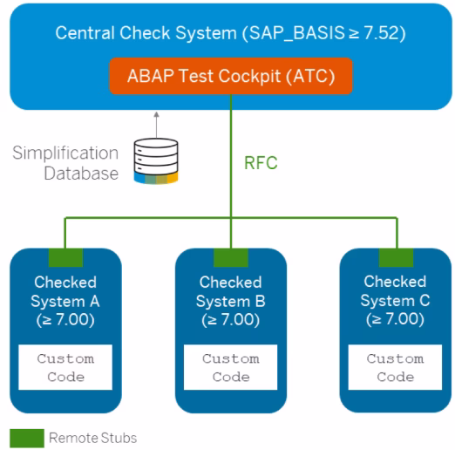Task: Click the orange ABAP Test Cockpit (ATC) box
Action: click(x=231, y=76)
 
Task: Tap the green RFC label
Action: click(x=261, y=163)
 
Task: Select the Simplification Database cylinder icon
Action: click(x=156, y=161)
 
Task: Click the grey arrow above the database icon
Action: click(x=157, y=125)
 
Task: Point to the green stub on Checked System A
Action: click(x=65, y=257)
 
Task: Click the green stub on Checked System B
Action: click(x=231, y=257)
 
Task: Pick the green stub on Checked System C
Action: click(x=396, y=257)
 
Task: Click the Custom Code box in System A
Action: click(x=65, y=367)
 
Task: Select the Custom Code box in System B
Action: click(x=231, y=367)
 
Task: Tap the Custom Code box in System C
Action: click(x=395, y=367)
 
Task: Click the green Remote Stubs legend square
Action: click(x=27, y=438)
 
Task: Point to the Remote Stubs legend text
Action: click(x=93, y=438)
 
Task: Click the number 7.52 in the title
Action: click(x=381, y=33)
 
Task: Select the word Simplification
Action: click(x=65, y=153)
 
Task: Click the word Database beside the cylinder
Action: click(x=81, y=174)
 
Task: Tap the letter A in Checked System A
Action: click(x=95, y=302)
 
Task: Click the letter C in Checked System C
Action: click(x=424, y=301)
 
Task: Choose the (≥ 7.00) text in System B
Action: click(x=231, y=320)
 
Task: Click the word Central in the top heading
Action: click(x=85, y=33)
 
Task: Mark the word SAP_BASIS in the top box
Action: click(x=297, y=33)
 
